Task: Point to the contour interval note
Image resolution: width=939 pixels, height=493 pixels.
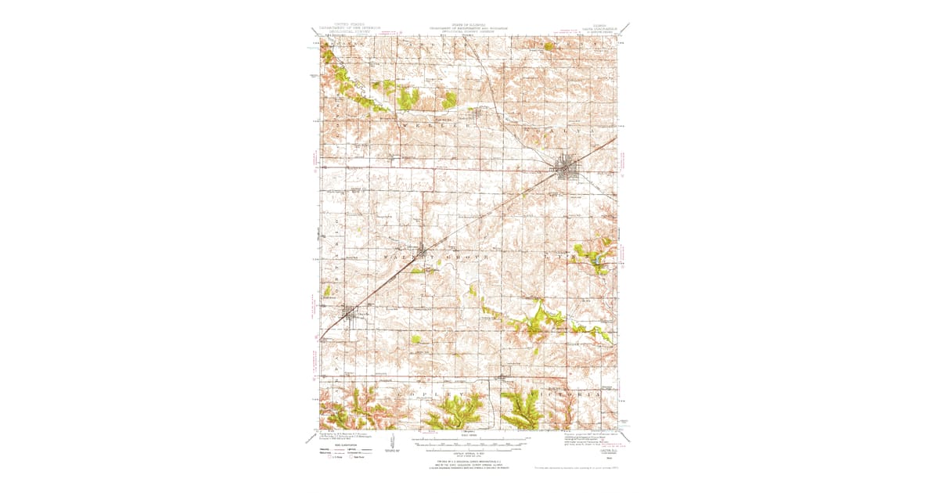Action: coord(469,454)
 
